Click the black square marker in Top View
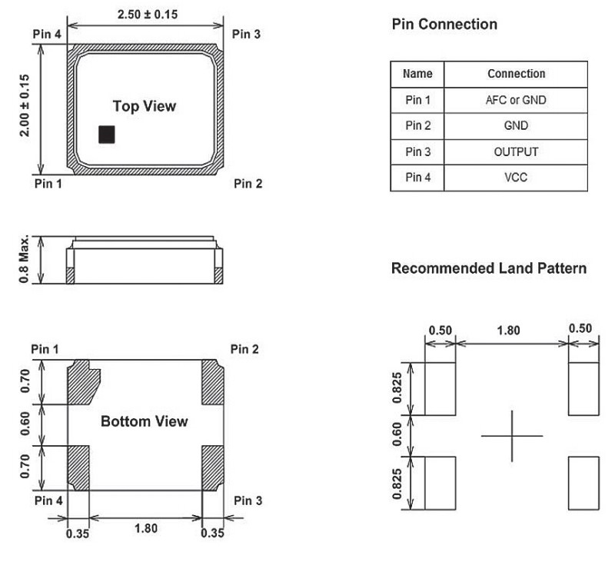[x=107, y=135]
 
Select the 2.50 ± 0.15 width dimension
[x=146, y=15]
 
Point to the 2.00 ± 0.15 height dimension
[x=25, y=106]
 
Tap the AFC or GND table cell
[x=516, y=100]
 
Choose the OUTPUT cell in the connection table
[x=516, y=151]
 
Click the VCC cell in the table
[x=516, y=178]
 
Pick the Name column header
[x=417, y=74]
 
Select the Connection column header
[x=516, y=74]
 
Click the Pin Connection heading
[x=444, y=25]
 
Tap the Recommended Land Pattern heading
[x=489, y=268]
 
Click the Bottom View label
[x=144, y=421]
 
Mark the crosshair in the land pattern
[x=512, y=436]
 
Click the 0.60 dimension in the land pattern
[x=397, y=436]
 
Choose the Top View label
[x=145, y=106]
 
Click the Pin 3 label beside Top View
[x=247, y=34]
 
